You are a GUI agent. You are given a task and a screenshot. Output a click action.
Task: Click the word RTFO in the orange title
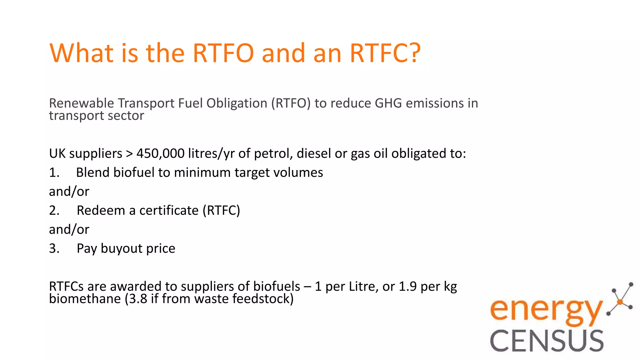pyautogui.click(x=223, y=53)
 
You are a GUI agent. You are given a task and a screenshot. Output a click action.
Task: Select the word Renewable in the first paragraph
pyautogui.click(x=82, y=103)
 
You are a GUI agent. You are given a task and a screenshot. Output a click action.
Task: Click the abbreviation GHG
pyautogui.click(x=388, y=103)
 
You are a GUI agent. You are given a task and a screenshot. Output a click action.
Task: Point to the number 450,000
pyautogui.click(x=160, y=153)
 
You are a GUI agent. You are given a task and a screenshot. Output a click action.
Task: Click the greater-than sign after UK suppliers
pyautogui.click(x=129, y=154)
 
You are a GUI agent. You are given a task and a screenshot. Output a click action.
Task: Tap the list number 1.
pyautogui.click(x=54, y=172)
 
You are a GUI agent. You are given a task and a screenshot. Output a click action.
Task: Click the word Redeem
pyautogui.click(x=101, y=210)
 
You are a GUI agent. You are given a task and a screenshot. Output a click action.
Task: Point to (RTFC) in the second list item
pyautogui.click(x=221, y=210)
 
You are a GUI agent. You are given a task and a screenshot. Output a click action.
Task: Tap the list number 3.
pyautogui.click(x=54, y=248)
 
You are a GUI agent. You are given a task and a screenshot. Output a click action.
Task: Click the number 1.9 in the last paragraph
pyautogui.click(x=407, y=286)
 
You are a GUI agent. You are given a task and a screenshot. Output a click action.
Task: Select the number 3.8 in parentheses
pyautogui.click(x=138, y=299)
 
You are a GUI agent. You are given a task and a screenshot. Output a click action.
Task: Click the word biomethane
pyautogui.click(x=85, y=299)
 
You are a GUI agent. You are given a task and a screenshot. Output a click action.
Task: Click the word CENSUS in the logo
pyautogui.click(x=547, y=341)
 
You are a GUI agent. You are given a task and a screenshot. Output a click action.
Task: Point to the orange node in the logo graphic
pyautogui.click(x=620, y=302)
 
